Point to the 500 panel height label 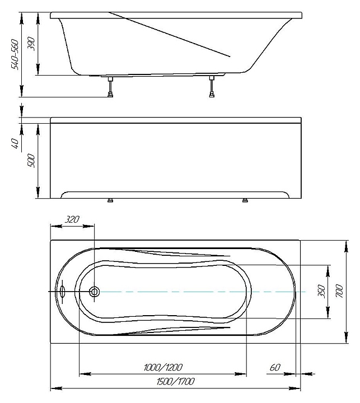click(31, 161)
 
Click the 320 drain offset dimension click(72, 220)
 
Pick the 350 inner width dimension click(321, 291)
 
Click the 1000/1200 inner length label click(162, 367)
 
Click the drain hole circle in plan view click(95, 292)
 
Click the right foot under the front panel click(245, 200)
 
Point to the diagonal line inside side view click(168, 34)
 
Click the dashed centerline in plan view click(196, 292)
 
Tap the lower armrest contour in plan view click(168, 329)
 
